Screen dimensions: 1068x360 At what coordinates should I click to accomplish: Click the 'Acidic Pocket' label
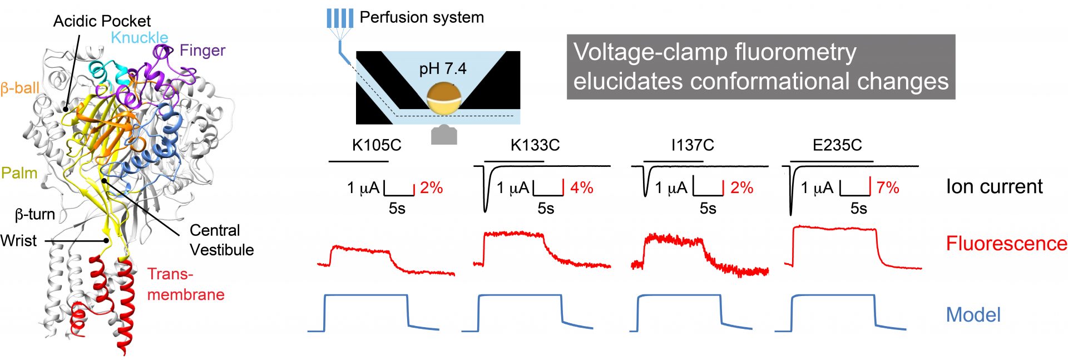point(102,21)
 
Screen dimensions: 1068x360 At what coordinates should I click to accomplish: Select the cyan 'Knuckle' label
point(140,37)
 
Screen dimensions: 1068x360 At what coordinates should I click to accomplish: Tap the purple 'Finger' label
point(202,51)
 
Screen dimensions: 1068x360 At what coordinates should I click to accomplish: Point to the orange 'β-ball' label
point(20,88)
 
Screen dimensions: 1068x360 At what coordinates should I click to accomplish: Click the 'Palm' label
point(19,173)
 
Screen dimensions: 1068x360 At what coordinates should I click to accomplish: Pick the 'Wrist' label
point(19,240)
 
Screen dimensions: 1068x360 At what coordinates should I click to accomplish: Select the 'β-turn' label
point(35,214)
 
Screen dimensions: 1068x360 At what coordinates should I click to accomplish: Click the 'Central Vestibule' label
point(221,240)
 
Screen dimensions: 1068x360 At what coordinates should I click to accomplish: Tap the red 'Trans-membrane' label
point(186,284)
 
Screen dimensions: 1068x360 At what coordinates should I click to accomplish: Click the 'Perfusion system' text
point(422,17)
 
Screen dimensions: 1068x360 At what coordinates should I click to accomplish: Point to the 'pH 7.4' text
point(443,69)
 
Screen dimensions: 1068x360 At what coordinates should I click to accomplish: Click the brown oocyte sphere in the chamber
point(443,98)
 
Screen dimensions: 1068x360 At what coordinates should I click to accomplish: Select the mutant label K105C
point(377,145)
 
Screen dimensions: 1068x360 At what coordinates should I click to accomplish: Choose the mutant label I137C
point(693,145)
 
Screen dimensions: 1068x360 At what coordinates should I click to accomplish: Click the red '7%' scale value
point(888,188)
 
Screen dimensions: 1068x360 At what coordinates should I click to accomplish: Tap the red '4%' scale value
point(582,188)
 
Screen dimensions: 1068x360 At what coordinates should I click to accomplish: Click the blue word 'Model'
point(973,315)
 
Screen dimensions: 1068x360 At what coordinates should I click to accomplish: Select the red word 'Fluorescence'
point(1006,243)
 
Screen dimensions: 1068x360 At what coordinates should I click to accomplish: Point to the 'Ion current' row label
point(995,186)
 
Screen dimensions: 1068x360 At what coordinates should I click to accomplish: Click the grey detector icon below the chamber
point(444,135)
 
